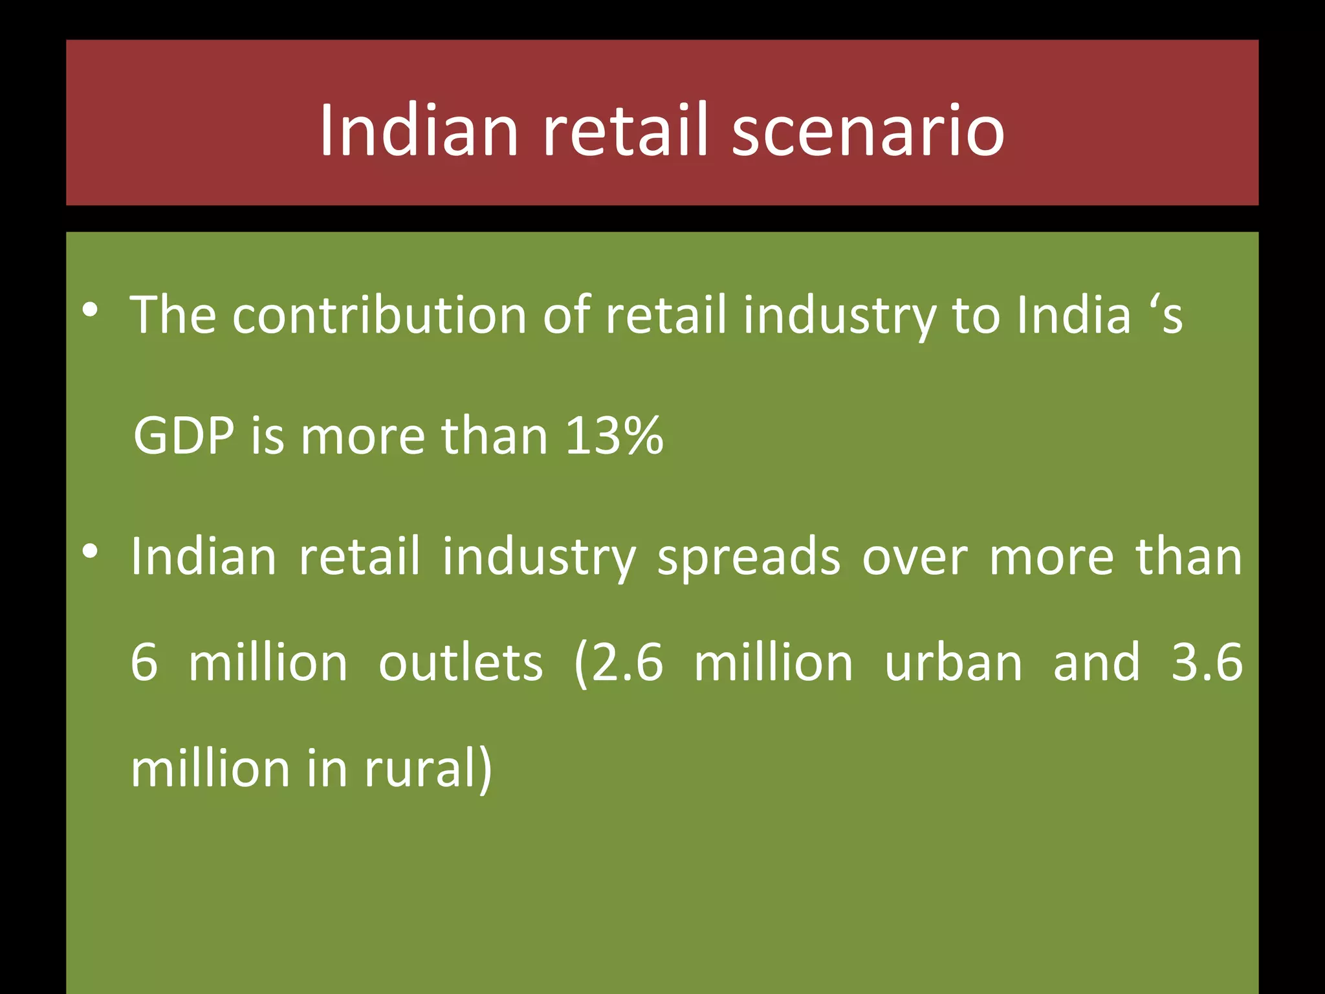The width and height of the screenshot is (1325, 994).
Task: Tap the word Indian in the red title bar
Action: [419, 131]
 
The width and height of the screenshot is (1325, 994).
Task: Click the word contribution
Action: [380, 315]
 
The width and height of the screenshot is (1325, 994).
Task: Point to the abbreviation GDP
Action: [184, 436]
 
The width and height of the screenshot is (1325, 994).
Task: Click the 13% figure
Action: [614, 436]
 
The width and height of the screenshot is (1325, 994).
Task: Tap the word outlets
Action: [461, 663]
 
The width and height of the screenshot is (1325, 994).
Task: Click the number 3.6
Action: [1207, 663]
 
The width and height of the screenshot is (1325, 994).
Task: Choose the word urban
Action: [953, 663]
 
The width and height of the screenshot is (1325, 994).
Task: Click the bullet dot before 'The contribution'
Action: [91, 311]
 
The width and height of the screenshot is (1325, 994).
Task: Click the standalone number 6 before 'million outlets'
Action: [144, 663]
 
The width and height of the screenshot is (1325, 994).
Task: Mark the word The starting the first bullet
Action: [173, 315]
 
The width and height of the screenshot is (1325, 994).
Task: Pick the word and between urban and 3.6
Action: [1097, 663]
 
